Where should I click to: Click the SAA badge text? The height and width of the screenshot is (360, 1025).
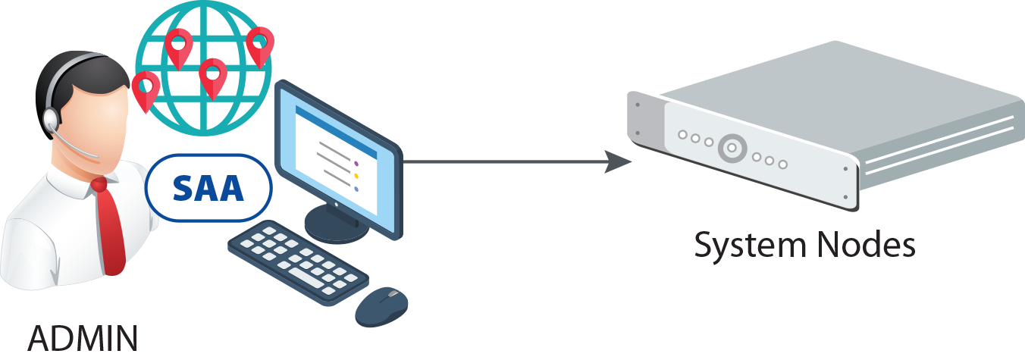pyautogui.click(x=208, y=187)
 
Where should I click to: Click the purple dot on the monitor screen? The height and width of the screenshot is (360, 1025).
pyautogui.click(x=356, y=162)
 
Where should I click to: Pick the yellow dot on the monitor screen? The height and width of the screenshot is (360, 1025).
pyautogui.click(x=356, y=176)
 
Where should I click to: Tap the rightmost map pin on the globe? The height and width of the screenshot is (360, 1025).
pyautogui.click(x=259, y=43)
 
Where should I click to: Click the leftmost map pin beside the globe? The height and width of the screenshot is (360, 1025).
pyautogui.click(x=145, y=87)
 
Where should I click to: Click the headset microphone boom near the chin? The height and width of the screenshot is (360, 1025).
pyautogui.click(x=80, y=148)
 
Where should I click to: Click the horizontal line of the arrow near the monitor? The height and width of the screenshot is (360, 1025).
pyautogui.click(x=500, y=161)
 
